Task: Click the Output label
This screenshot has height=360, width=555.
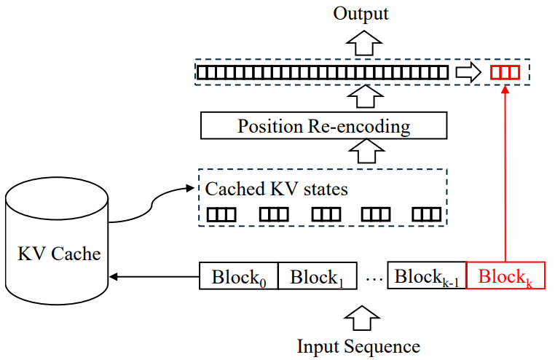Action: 361,13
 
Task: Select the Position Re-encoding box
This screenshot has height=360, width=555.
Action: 323,126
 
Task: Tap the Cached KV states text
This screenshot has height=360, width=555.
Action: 276,189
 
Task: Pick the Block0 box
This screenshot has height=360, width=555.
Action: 238,277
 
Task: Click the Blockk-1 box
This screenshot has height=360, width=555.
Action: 426,276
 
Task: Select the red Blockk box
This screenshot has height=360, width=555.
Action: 505,277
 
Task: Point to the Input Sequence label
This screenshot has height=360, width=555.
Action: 358,346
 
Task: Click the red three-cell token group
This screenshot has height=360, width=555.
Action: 504,73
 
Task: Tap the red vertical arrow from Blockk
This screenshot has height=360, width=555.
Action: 505,175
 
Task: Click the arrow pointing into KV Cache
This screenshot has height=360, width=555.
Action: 153,277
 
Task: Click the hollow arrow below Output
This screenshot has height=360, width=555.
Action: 361,43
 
